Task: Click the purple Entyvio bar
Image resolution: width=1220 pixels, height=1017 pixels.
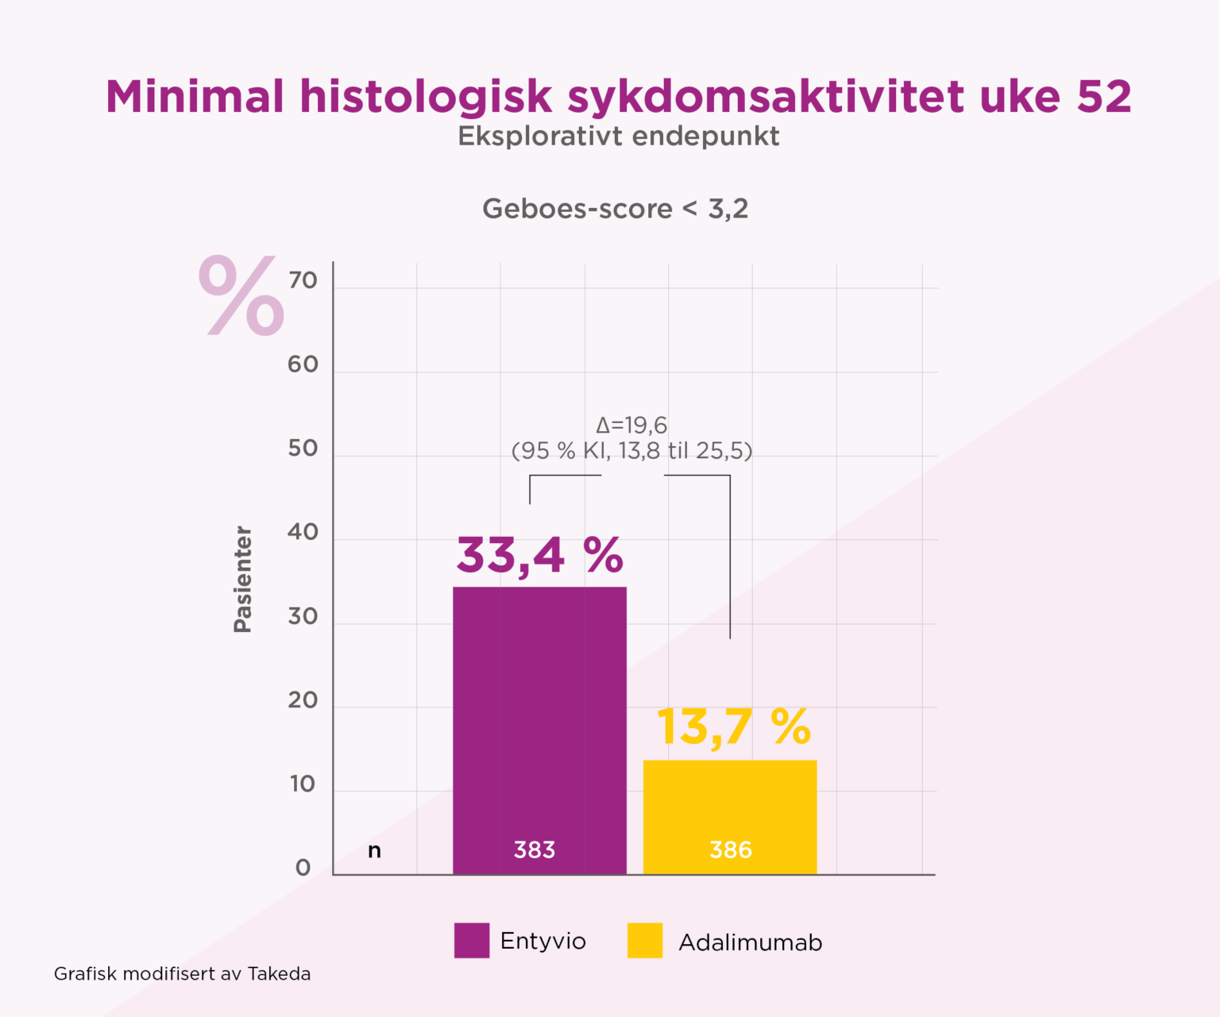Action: point(539,715)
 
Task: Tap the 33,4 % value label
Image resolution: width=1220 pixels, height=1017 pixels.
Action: point(539,555)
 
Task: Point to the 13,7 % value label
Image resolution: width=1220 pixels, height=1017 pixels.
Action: point(734,726)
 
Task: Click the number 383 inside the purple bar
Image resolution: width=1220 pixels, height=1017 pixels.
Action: point(535,850)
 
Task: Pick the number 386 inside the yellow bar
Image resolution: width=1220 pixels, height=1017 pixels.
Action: point(731,850)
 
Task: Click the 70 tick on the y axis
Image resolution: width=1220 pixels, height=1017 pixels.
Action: point(303,280)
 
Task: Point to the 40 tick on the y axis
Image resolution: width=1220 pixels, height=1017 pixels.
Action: point(303,532)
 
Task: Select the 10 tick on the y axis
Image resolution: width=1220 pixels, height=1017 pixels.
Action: point(303,784)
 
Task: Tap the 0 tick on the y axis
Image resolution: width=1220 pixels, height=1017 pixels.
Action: point(303,868)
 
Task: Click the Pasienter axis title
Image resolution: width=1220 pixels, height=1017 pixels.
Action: point(242,579)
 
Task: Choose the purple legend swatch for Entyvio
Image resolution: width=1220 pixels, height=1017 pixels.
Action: point(472,941)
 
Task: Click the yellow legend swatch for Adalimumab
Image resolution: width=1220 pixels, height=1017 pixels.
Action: point(645,941)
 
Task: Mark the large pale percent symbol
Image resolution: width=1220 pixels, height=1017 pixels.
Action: point(241,295)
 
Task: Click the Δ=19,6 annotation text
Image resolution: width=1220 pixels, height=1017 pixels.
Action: point(631,426)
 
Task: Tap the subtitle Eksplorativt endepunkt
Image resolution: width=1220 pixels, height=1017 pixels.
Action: point(618,136)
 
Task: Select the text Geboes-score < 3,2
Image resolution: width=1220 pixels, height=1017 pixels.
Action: point(615,209)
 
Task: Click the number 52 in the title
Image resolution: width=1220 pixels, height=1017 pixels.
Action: point(1104,97)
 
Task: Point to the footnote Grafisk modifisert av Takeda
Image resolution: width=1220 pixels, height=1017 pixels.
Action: point(182,974)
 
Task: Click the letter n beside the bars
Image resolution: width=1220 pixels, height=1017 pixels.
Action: point(374,851)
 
